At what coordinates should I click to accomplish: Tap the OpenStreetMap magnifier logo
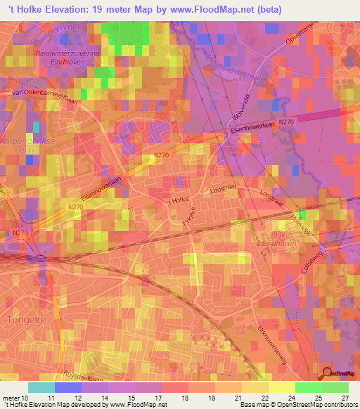[x=328, y=374]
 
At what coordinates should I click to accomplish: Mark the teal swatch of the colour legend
[x=41, y=387]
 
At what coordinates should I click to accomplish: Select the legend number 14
[x=104, y=397]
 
